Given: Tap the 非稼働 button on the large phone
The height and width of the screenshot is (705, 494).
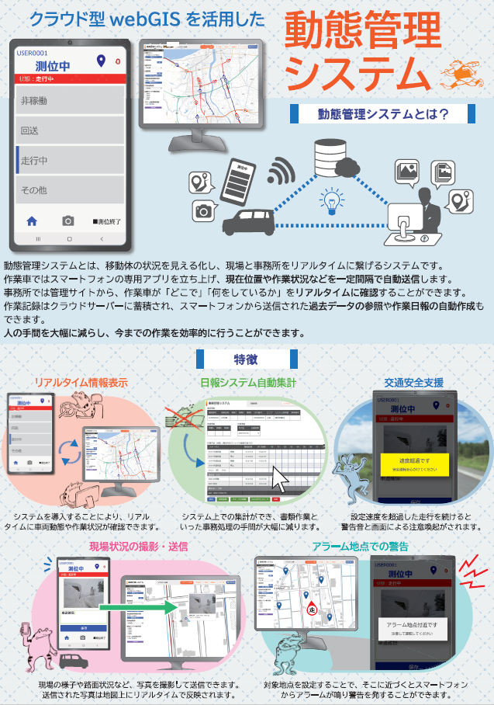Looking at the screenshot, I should click(70, 101).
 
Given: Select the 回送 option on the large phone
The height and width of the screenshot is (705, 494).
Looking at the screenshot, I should click(70, 130).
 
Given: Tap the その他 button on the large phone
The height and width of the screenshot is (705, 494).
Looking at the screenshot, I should click(70, 189).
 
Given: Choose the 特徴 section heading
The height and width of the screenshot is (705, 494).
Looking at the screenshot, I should click(247, 359).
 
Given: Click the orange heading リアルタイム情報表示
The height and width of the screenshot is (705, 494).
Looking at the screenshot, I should click(81, 383).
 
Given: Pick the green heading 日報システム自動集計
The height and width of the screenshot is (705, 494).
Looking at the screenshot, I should click(247, 383).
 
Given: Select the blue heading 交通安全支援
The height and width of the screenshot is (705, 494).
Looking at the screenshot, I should click(414, 383).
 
